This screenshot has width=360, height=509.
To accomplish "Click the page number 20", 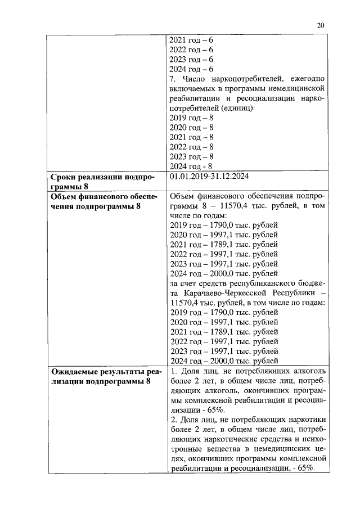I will (321, 25).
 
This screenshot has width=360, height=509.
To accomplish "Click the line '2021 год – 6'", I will (191, 40).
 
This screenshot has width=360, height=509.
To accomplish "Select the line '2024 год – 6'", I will (191, 69).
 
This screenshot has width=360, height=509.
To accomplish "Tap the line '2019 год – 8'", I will (191, 118).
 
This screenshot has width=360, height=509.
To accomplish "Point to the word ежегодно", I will (308, 79).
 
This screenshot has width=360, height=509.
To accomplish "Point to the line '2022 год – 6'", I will (191, 50).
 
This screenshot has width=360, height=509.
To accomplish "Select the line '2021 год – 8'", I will (191, 137).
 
